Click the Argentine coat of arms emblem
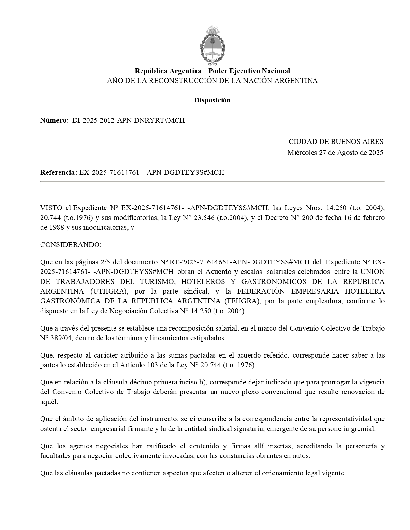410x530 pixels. tap(212, 45)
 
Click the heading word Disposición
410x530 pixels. tap(212, 100)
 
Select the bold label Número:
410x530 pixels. tap(54, 120)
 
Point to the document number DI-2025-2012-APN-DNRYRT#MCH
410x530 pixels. tap(128, 120)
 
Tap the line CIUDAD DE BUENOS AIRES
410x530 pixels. tap(336, 142)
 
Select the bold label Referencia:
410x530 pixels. tap(59, 172)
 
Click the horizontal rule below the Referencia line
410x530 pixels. tap(212, 182)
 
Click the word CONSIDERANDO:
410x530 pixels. tap(71, 245)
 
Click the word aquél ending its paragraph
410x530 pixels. tap(49, 402)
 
